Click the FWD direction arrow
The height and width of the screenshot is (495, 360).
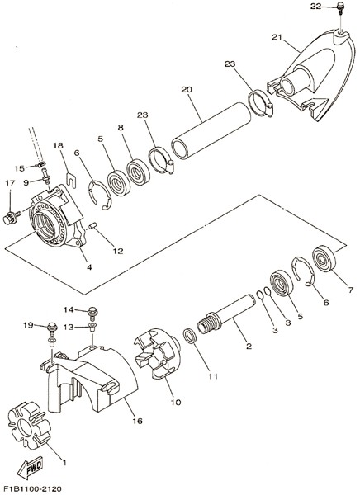tap(30, 468)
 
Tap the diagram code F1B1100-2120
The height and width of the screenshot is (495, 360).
tap(31, 488)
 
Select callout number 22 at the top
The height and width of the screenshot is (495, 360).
tap(315, 6)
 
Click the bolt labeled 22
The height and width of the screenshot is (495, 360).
tap(340, 8)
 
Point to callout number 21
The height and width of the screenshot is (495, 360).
tap(277, 37)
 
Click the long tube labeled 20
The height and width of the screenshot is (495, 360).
tap(211, 130)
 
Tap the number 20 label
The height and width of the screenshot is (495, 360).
tap(186, 90)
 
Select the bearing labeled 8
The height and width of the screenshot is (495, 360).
tap(139, 172)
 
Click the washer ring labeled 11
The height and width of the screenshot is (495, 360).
tap(190, 336)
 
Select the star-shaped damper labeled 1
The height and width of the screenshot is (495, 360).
tap(29, 425)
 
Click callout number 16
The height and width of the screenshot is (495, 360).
tap(138, 421)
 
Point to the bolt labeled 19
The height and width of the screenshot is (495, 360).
tap(52, 328)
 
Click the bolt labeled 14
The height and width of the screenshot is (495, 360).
tap(92, 312)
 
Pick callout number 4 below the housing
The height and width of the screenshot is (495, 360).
tap(89, 267)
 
